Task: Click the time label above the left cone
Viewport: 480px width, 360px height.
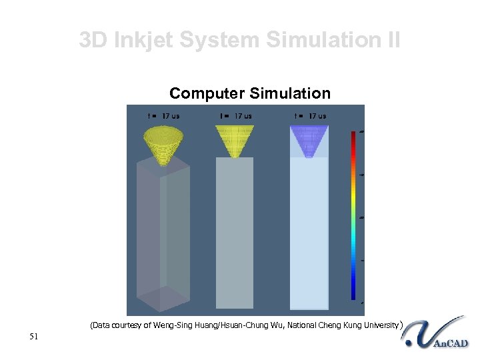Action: click(163, 116)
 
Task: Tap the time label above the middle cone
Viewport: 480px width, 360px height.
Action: click(235, 116)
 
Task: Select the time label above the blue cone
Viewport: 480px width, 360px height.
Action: click(309, 116)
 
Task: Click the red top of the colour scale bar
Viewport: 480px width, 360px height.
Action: click(353, 136)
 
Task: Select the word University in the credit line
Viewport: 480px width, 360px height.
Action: click(379, 326)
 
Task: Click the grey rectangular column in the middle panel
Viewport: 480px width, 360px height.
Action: click(235, 233)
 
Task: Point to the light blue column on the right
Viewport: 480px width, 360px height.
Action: click(309, 233)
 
